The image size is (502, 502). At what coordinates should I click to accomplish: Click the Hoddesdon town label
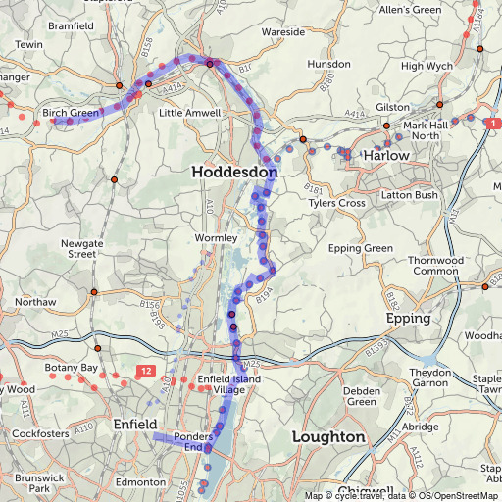pos(234,172)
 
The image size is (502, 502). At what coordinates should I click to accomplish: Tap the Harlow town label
pos(385,156)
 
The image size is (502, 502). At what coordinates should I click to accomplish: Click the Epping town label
pos(409,320)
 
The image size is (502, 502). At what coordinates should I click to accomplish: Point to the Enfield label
pos(134,424)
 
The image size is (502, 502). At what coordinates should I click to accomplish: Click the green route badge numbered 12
pos(145,370)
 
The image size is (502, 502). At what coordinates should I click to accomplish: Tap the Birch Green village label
pos(71,113)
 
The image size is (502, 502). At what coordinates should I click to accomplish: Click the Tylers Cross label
pos(337,203)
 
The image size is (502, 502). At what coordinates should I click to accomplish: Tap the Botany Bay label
pos(72,367)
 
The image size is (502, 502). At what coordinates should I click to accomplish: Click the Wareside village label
pos(283,32)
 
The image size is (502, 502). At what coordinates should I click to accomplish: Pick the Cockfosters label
pos(38,432)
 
